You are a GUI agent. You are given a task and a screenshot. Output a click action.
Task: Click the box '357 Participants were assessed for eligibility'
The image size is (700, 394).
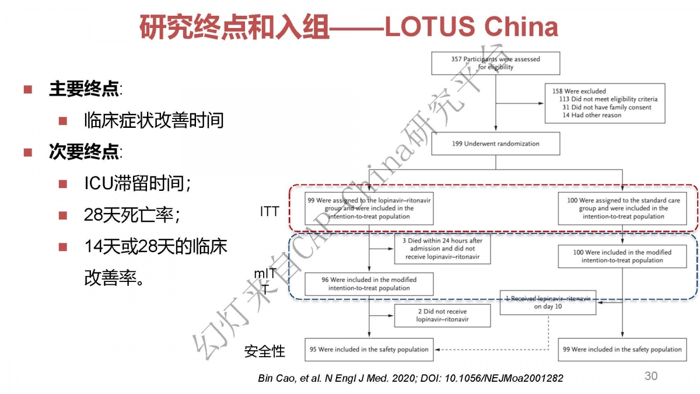[x=496, y=63]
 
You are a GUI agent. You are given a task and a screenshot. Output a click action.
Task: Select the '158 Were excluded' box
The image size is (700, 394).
[x=605, y=103]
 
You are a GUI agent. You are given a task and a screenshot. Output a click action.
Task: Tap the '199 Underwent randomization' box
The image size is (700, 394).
[x=496, y=144]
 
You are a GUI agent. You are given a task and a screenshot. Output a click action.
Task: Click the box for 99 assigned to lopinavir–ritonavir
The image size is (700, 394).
[x=369, y=208]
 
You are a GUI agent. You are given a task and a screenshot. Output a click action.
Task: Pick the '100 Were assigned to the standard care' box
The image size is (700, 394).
[x=622, y=208]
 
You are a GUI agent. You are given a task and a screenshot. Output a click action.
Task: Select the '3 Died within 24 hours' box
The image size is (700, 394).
[x=442, y=249]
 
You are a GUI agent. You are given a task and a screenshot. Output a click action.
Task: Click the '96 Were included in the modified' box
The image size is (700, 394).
[x=369, y=284]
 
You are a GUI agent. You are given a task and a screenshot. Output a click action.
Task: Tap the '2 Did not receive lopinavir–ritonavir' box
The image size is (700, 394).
[x=442, y=316]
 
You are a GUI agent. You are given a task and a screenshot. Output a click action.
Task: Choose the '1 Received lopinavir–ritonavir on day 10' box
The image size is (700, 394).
[x=548, y=303]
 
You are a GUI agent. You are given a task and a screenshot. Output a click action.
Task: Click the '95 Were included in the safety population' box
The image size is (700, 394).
[x=369, y=350]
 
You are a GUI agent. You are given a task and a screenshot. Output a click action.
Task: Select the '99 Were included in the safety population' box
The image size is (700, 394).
[x=622, y=350]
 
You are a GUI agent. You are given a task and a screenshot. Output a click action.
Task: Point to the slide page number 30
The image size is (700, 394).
[x=651, y=376]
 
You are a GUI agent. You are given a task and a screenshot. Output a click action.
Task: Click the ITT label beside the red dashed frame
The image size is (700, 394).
[x=269, y=212]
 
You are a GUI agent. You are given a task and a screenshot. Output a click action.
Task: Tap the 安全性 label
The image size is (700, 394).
[x=265, y=351]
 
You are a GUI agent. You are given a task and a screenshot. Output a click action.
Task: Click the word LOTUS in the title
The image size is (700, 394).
[x=430, y=26]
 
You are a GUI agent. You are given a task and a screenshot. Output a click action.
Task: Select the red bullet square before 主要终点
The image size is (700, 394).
[x=28, y=90]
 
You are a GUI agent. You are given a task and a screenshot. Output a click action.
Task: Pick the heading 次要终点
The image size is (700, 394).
[x=84, y=152]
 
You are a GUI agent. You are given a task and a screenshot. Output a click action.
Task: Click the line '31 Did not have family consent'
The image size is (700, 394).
[x=607, y=107]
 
